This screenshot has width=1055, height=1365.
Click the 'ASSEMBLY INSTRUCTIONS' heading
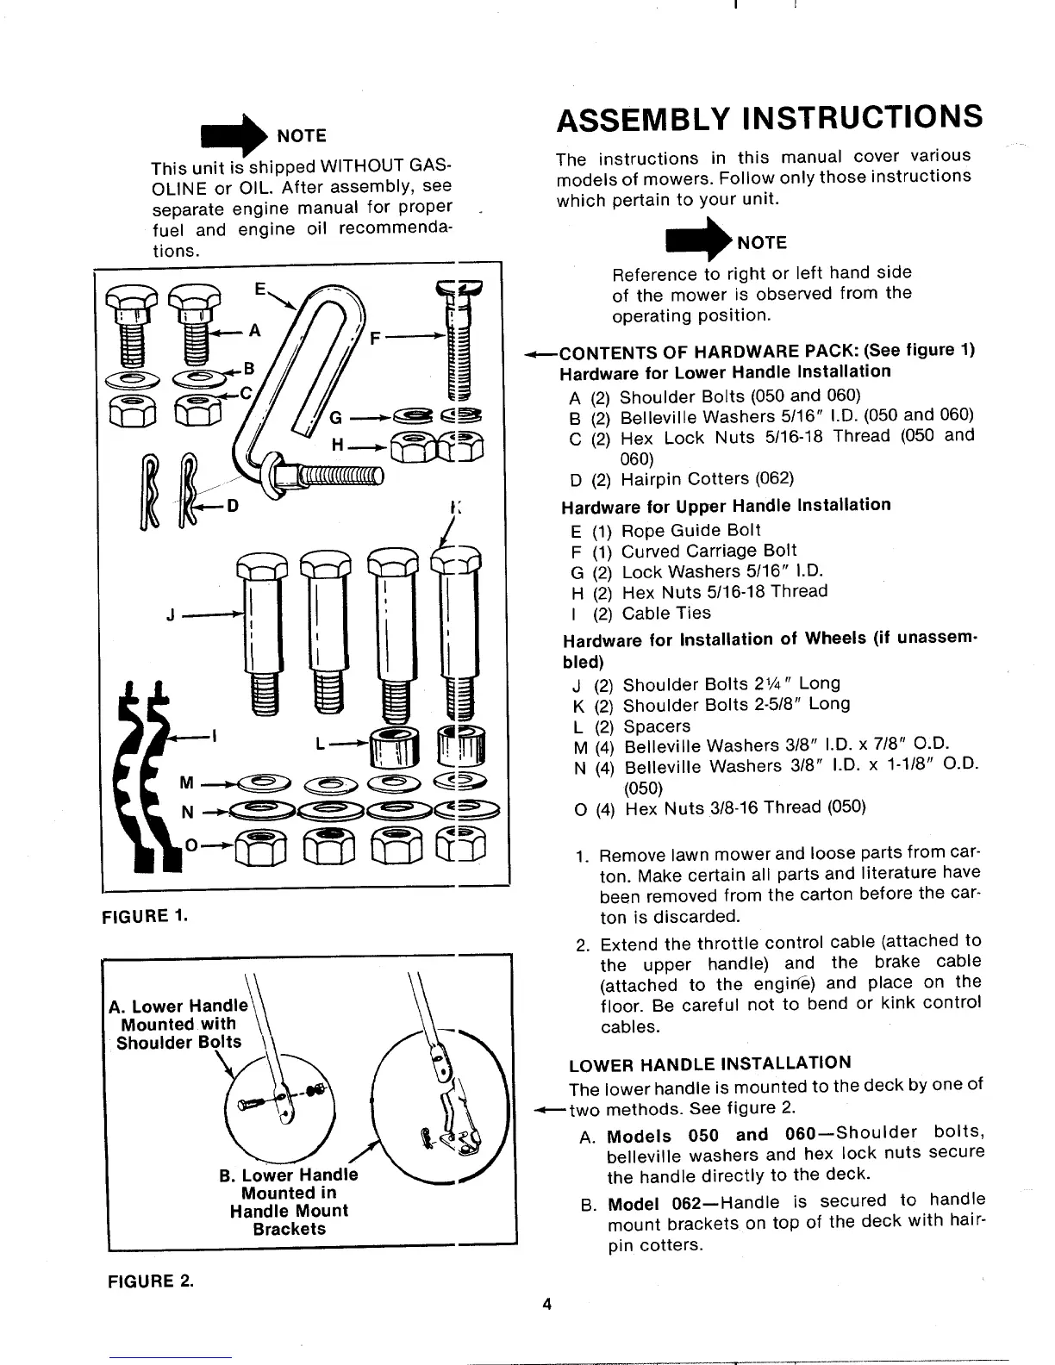[769, 117]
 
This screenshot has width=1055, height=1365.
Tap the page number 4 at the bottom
[546, 1304]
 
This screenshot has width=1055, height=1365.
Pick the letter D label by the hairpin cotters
[230, 506]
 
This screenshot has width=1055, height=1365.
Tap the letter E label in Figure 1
[259, 288]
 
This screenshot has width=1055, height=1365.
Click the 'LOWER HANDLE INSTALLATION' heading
[710, 1063]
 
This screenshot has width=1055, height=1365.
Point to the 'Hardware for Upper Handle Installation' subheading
[726, 505]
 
